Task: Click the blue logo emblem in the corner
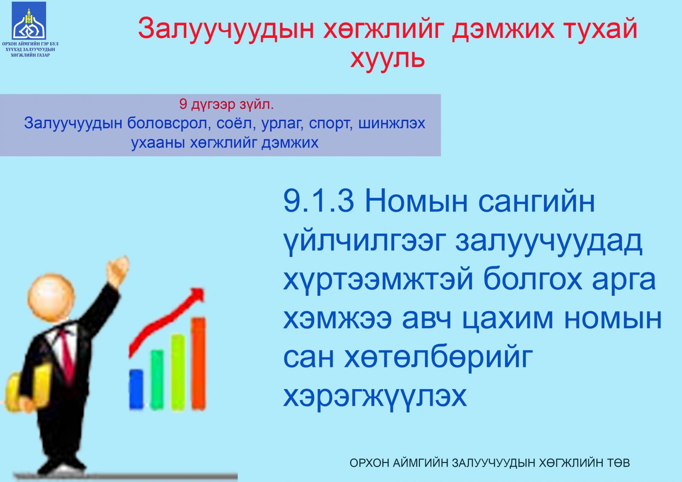coord(29,21)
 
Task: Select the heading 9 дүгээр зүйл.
coord(226,104)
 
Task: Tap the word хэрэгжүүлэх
coord(375,396)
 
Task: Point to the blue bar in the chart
coord(136,390)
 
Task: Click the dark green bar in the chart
coord(157,380)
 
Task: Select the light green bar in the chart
coord(178,372)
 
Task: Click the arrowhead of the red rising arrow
coord(197,295)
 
